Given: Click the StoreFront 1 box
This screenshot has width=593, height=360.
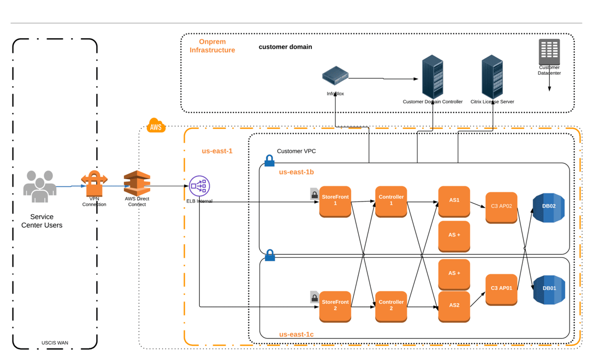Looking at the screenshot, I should [335, 200].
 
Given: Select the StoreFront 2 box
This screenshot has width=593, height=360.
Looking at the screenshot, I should [335, 305].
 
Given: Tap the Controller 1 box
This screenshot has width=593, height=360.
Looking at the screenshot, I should [391, 200].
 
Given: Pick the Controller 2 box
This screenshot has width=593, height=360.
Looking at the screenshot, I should [391, 305].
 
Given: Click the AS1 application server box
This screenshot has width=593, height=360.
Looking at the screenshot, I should [454, 200].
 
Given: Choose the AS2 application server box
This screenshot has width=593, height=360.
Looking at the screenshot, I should [454, 305].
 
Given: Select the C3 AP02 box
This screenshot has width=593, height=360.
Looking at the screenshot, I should [501, 206].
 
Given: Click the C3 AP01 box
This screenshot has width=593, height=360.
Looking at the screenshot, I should [501, 288].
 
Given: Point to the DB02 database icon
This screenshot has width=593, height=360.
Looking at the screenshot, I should [548, 207].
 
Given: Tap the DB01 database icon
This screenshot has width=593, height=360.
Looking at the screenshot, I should [548, 289].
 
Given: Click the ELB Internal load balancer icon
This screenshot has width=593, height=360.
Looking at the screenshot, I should [199, 186].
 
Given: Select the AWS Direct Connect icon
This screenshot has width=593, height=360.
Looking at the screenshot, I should [137, 183].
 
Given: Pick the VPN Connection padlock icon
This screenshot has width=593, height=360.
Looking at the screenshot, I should [94, 184].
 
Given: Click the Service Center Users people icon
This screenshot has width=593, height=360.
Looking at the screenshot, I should [40, 187].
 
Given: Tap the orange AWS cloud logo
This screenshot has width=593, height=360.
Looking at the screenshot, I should [156, 126].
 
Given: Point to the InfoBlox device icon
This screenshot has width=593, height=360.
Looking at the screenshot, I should [335, 76].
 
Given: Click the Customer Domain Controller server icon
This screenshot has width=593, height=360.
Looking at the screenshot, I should [432, 76].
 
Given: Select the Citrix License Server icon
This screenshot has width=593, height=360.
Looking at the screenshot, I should [492, 76].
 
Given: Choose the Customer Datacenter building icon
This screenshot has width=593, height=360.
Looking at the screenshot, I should [549, 52].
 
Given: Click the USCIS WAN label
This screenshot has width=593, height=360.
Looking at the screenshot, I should [55, 343].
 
